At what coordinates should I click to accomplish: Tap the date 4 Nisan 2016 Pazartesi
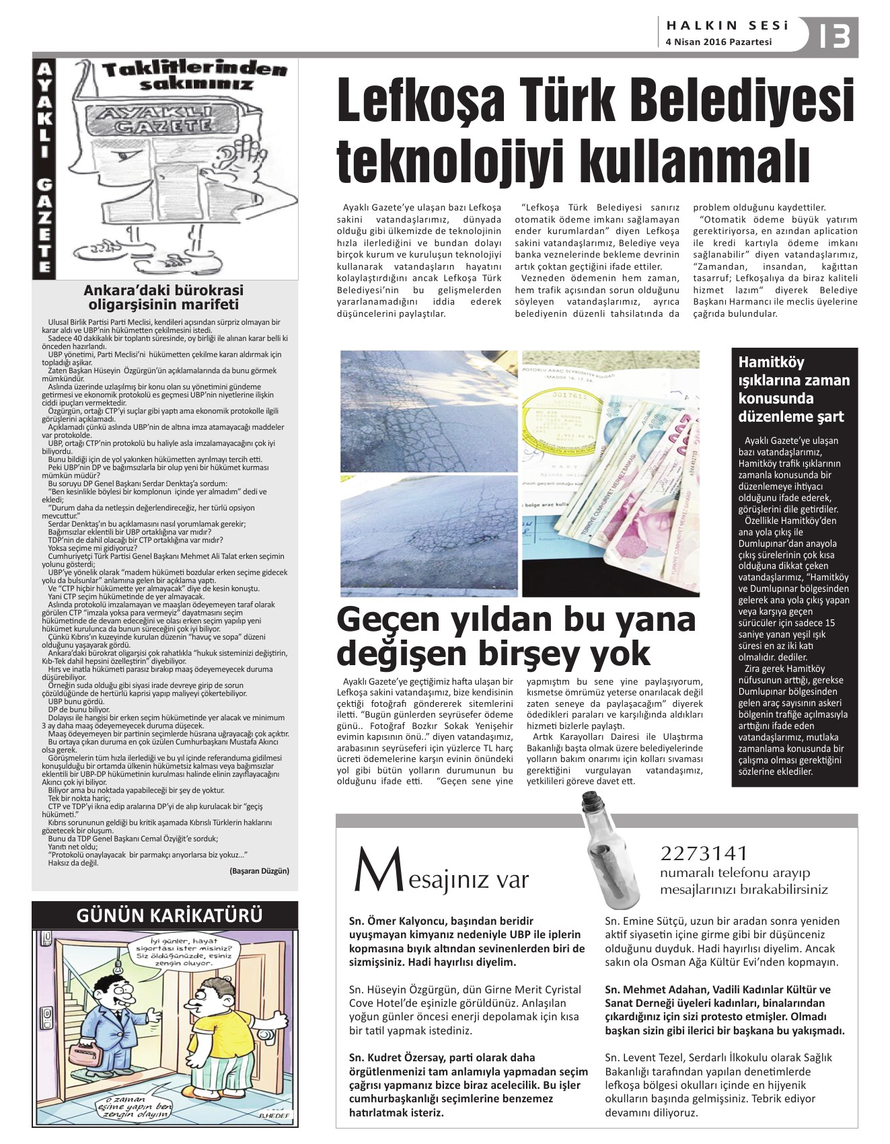[x=718, y=42]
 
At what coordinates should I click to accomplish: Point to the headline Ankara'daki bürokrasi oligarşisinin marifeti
[x=163, y=297]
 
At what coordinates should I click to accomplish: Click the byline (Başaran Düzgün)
[x=259, y=870]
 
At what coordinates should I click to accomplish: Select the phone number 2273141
[x=704, y=853]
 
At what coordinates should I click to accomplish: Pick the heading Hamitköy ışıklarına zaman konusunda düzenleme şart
[x=794, y=389]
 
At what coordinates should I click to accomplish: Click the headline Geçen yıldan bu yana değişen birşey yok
[x=516, y=636]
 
